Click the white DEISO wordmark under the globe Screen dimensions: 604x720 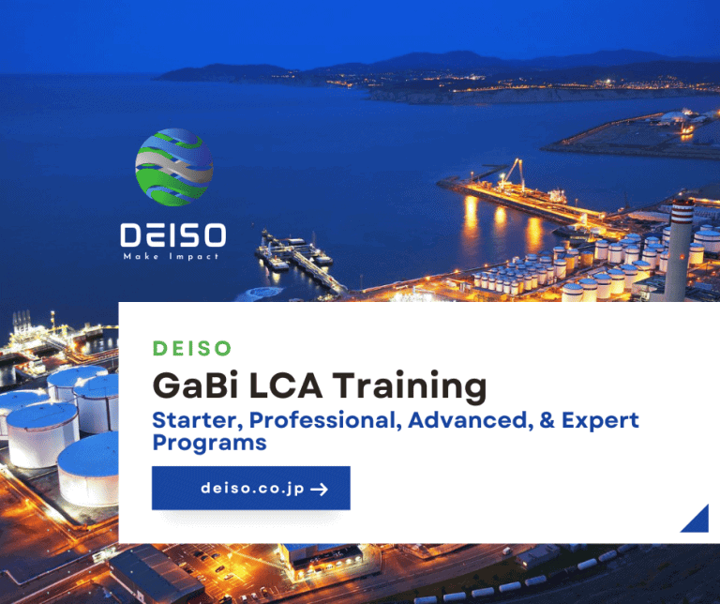173,235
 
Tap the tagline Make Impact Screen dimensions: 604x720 173,256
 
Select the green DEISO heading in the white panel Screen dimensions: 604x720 191,348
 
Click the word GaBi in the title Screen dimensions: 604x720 193,385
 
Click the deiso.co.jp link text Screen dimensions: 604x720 252,489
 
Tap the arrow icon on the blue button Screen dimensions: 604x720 319,489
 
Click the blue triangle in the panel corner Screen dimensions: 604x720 695,519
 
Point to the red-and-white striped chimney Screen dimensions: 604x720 679,249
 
